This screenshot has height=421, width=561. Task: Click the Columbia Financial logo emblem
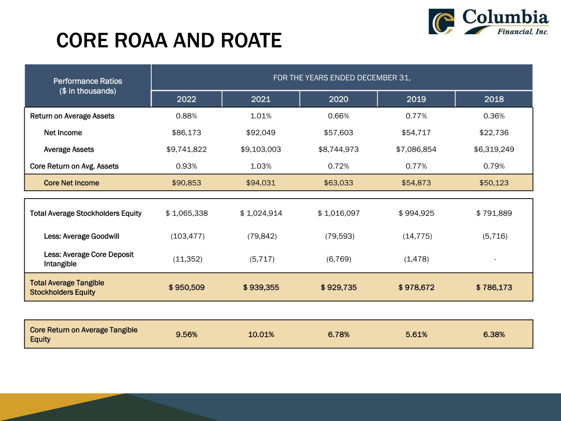[x=441, y=21]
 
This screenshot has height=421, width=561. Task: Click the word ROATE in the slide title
[x=251, y=41]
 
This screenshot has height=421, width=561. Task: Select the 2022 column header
[x=187, y=99]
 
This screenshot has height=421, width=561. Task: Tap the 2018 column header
[x=494, y=99]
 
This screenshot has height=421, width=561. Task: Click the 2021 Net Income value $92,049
[x=261, y=133]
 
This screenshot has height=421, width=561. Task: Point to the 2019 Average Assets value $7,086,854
[x=416, y=150]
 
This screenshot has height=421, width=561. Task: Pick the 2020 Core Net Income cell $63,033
[x=338, y=183]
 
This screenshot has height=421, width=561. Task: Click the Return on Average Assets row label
[x=72, y=116]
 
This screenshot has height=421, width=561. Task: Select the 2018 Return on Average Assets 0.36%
[x=494, y=116]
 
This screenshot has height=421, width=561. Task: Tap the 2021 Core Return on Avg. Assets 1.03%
[x=261, y=166]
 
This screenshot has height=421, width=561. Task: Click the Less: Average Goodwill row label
[x=81, y=236]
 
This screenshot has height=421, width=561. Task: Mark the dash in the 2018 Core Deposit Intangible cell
[x=495, y=259]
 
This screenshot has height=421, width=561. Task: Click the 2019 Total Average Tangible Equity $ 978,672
[x=416, y=287]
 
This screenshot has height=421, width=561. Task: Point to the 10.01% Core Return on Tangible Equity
[x=261, y=335]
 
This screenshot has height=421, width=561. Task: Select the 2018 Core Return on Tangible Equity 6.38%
[x=494, y=335]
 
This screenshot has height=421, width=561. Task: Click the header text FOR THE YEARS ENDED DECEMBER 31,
[x=342, y=78]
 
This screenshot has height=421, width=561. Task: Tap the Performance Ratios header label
[x=88, y=81]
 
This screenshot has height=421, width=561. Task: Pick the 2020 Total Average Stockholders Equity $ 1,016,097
[x=338, y=213]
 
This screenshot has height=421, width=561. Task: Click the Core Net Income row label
[x=72, y=183]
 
